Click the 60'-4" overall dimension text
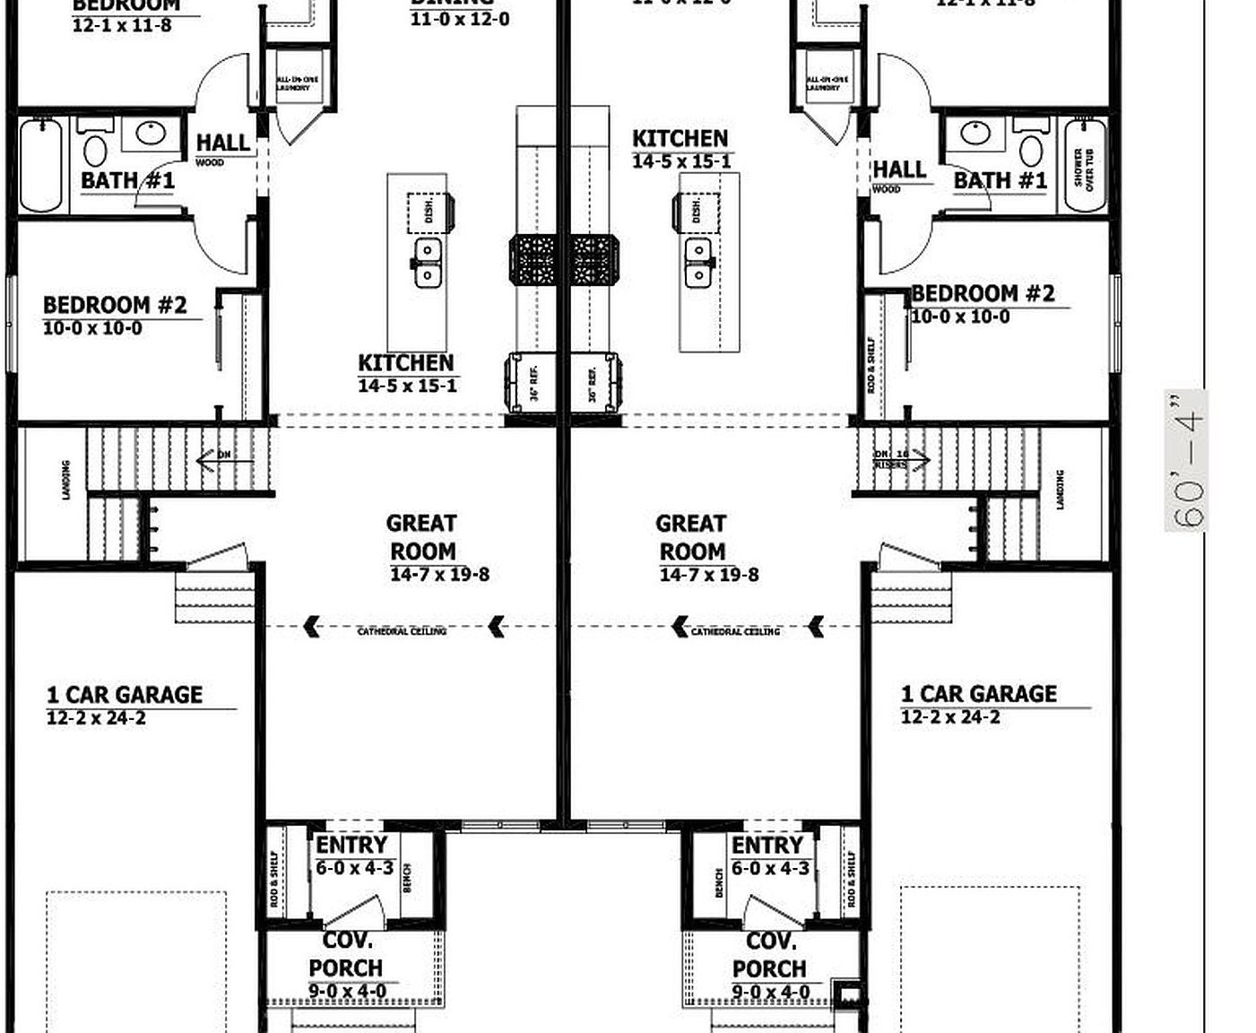pyautogui.click(x=1186, y=461)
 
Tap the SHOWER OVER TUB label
pyautogui.click(x=1084, y=168)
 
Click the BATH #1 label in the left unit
pyautogui.click(x=127, y=180)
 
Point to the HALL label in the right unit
pyautogui.click(x=899, y=169)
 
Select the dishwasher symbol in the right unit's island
pyautogui.click(x=695, y=211)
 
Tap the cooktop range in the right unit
pyautogui.click(x=589, y=260)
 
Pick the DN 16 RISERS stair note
pyautogui.click(x=892, y=459)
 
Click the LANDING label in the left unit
pyautogui.click(x=66, y=480)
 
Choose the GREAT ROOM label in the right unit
pyautogui.click(x=691, y=537)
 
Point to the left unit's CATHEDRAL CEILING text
pyautogui.click(x=402, y=631)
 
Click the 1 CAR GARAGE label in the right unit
pyautogui.click(x=978, y=694)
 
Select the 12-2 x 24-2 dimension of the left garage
pyautogui.click(x=96, y=718)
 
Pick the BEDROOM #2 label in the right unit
pyautogui.click(x=983, y=294)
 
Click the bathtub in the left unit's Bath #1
pyautogui.click(x=41, y=166)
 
